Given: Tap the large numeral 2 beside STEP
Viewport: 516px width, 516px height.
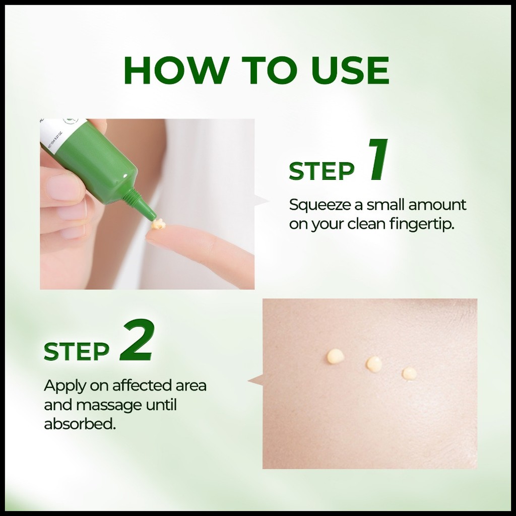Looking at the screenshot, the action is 136,341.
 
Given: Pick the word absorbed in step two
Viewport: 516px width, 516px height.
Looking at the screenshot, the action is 80,423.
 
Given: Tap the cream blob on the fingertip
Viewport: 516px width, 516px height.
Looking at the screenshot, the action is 157,225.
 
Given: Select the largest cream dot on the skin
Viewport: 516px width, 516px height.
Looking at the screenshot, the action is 336,356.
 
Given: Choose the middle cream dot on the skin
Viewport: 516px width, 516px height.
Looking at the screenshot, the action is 374,363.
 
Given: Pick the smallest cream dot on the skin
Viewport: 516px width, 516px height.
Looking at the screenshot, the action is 409,373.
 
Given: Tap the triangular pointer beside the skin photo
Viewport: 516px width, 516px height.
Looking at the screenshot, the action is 255,380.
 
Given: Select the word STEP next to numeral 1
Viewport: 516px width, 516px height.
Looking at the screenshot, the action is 321,171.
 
